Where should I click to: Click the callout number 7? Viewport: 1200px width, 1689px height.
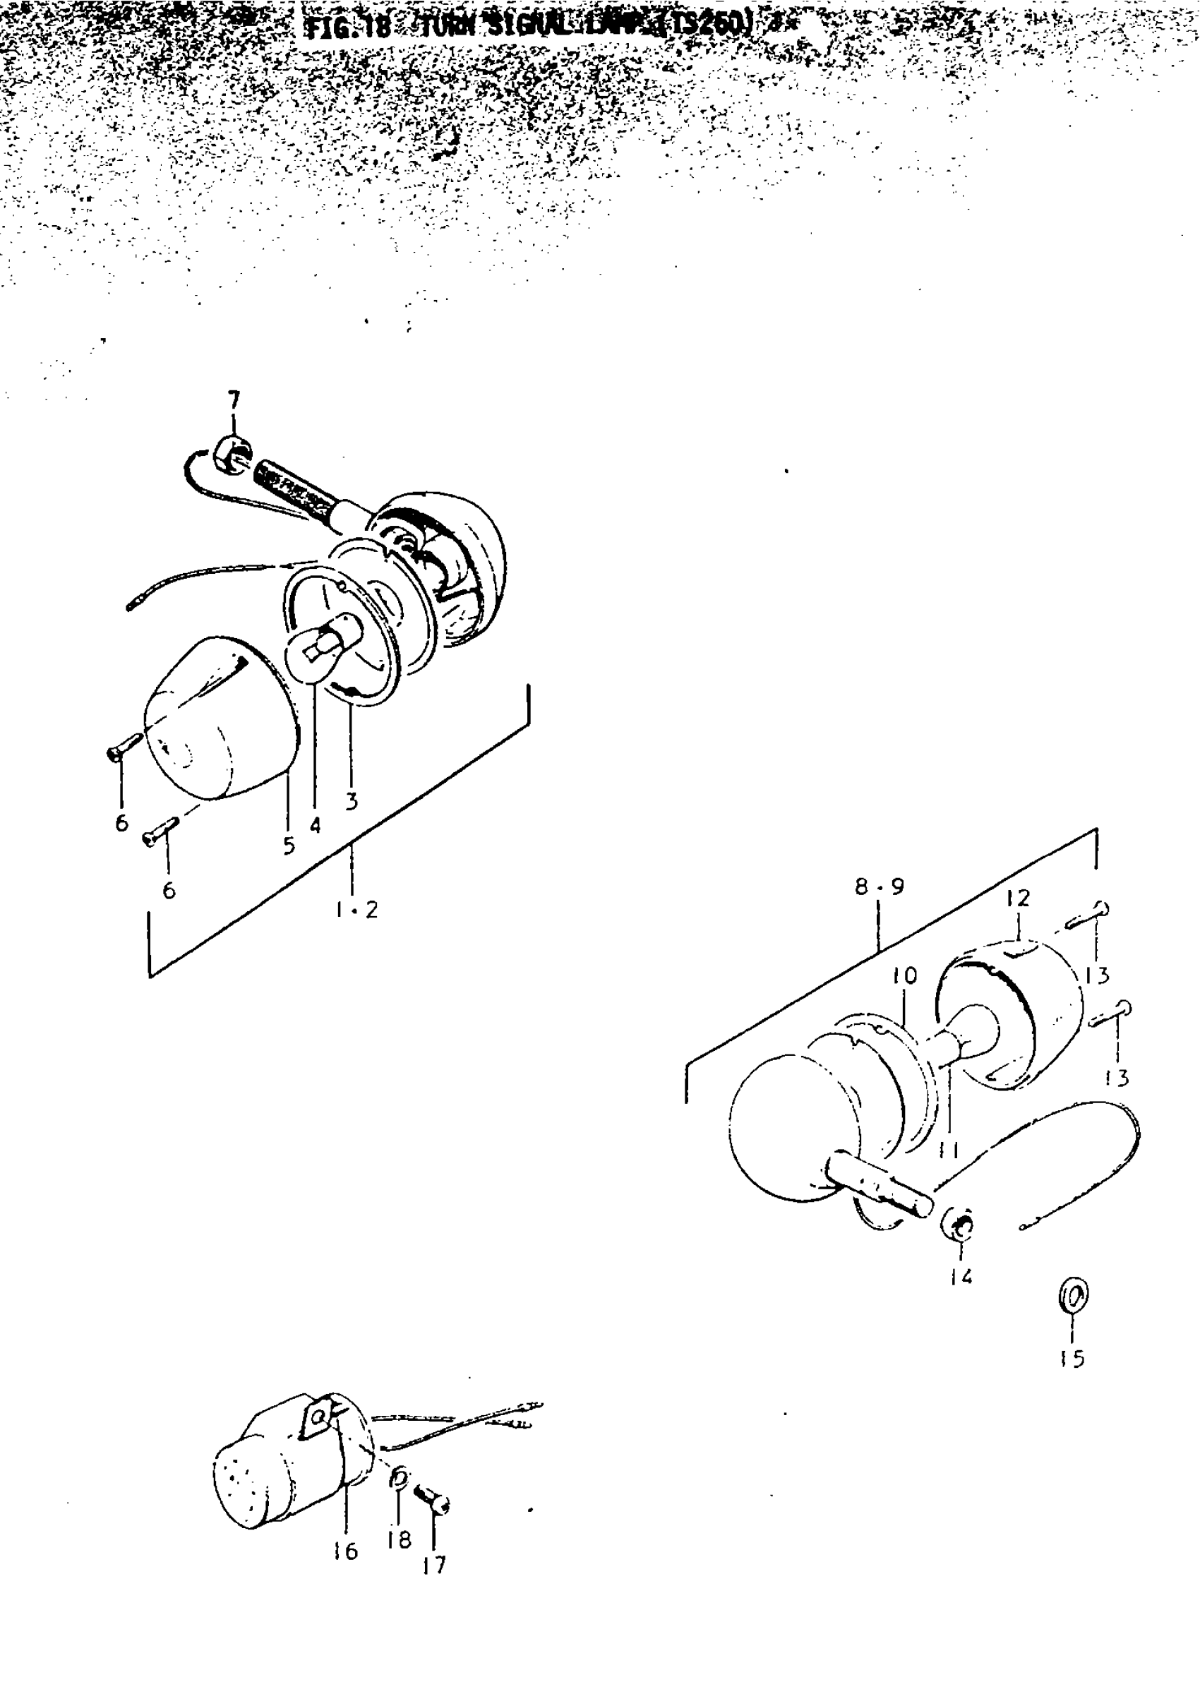(234, 401)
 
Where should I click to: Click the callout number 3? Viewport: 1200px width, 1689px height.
(352, 800)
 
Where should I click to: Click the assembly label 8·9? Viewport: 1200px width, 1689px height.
(880, 886)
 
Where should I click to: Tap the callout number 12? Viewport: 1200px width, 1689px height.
(1017, 898)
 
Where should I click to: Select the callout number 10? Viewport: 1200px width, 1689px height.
(904, 976)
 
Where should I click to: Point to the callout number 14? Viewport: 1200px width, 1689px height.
(961, 1276)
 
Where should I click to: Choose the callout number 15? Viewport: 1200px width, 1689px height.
(1072, 1358)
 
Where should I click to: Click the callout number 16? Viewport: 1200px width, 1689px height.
(345, 1551)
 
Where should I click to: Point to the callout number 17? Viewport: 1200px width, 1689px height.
(435, 1565)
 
